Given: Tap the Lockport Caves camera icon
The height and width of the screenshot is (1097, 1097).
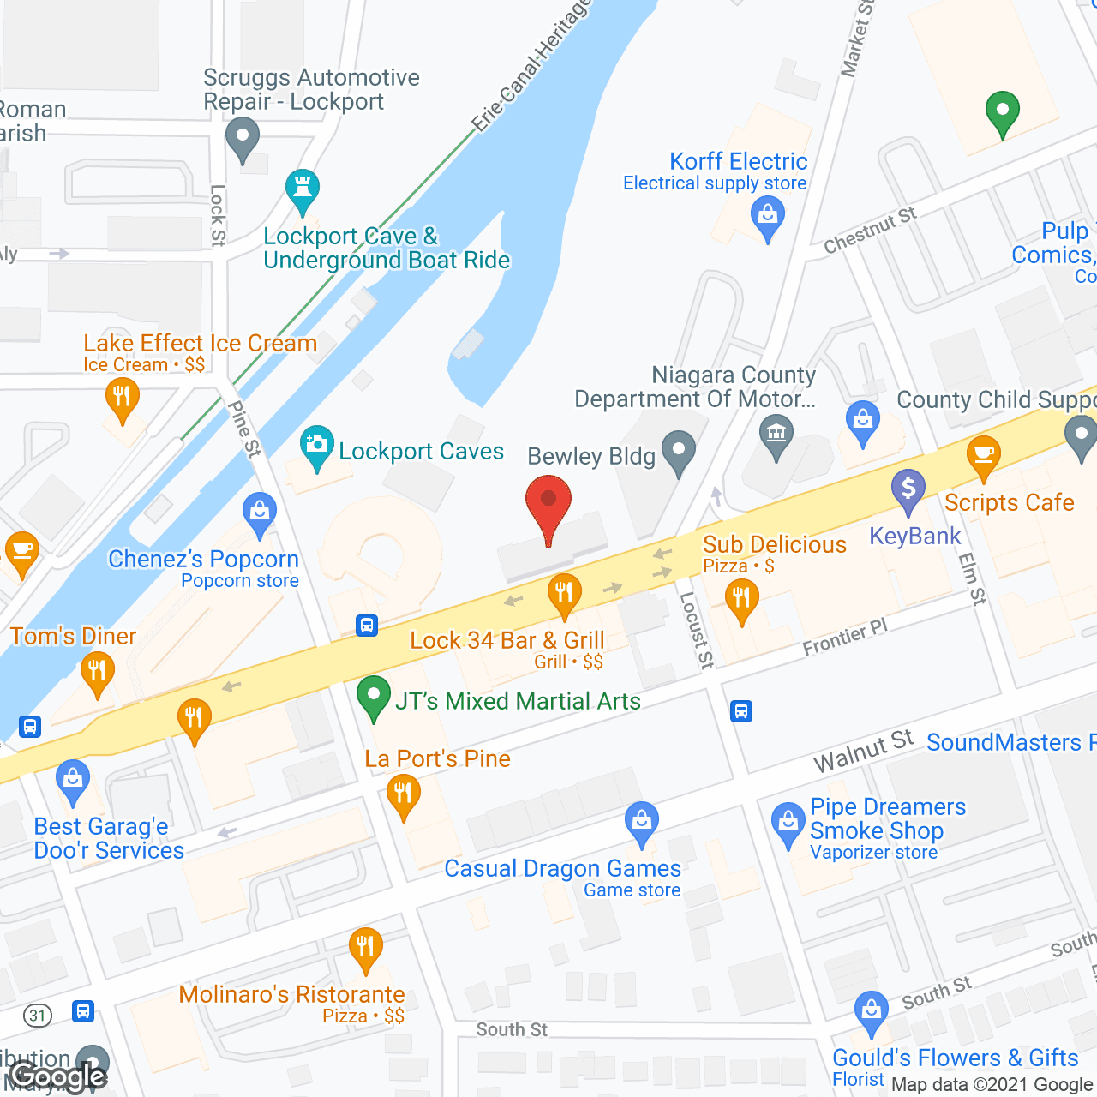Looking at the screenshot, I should click(317, 445).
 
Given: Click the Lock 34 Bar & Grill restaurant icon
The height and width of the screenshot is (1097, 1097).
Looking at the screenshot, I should click(564, 592).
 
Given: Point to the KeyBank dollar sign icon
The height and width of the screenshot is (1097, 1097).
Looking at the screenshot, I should click(908, 489).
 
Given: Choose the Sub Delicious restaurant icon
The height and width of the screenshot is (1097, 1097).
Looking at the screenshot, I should click(741, 597).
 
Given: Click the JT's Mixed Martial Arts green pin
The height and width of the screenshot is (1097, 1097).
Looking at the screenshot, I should click(373, 696).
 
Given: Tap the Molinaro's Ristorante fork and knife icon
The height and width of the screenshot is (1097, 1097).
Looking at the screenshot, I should click(366, 947).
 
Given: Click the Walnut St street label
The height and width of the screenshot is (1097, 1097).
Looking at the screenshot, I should click(863, 751).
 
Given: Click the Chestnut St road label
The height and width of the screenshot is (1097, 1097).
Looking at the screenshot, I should click(869, 230).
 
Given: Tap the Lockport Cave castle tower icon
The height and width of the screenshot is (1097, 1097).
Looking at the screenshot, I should click(302, 189).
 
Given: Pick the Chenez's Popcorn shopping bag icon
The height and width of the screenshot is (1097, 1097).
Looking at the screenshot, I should click(259, 512).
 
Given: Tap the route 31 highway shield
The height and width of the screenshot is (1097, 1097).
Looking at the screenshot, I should click(37, 1016).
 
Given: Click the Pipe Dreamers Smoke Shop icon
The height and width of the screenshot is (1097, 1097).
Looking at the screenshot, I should click(788, 822).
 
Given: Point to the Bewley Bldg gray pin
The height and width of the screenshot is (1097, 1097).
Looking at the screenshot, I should click(680, 450).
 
